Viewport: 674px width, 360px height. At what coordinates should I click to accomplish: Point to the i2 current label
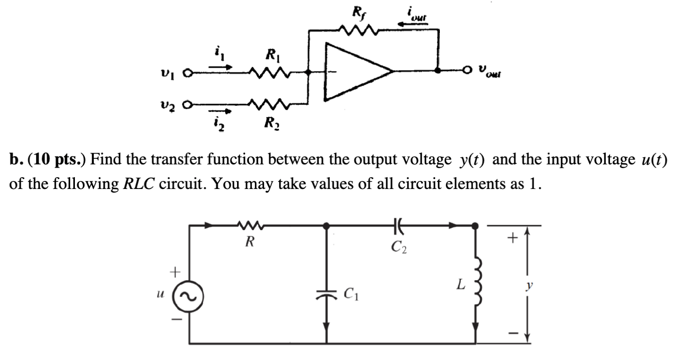[x=219, y=125]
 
